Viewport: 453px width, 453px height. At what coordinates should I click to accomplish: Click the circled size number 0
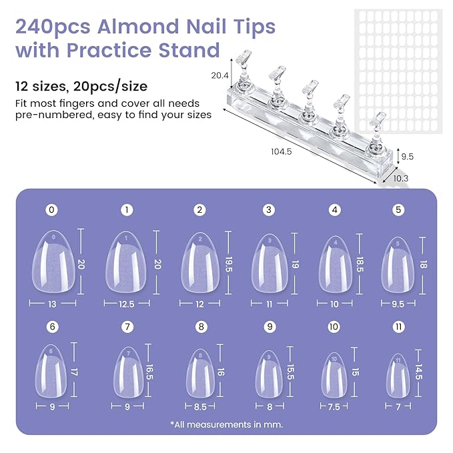click(53, 210)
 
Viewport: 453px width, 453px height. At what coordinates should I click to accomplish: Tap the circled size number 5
click(398, 210)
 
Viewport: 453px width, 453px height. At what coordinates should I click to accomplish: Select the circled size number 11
click(398, 327)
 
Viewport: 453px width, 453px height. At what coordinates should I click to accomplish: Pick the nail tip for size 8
click(199, 374)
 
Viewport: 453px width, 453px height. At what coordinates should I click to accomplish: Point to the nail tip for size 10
click(334, 375)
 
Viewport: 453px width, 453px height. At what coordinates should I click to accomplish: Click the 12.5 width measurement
click(126, 304)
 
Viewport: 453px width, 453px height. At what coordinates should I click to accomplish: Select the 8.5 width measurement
click(199, 405)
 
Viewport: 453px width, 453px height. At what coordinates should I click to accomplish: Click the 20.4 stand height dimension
click(220, 75)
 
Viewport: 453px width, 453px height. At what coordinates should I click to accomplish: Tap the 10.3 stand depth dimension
click(402, 179)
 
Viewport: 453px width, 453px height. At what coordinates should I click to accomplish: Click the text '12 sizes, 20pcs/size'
click(81, 86)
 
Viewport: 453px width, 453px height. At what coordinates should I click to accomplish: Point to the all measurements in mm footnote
click(226, 424)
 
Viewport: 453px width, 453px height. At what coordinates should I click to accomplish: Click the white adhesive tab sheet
click(398, 69)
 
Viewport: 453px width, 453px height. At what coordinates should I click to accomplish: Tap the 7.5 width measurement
click(334, 405)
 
